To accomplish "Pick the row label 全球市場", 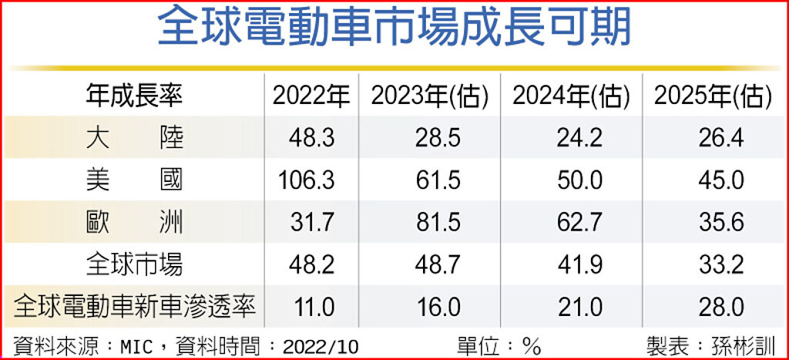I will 135,264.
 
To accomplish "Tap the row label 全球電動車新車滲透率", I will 135,307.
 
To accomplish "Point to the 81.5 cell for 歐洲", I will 438,223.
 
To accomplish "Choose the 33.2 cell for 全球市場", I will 722,265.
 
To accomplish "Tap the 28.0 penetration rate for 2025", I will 722,307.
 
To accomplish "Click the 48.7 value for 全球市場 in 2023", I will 438,265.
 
